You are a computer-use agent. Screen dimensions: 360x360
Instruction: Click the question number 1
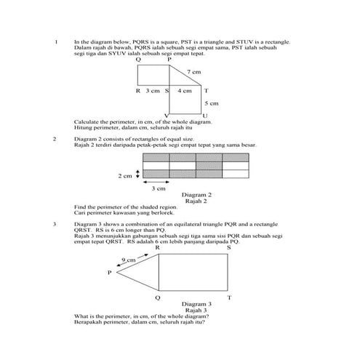click(x=56, y=42)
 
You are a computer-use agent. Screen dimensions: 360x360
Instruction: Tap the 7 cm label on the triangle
click(x=194, y=73)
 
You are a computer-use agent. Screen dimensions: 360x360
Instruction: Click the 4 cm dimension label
click(x=185, y=91)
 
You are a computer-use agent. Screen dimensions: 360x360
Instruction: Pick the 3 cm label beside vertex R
click(x=152, y=91)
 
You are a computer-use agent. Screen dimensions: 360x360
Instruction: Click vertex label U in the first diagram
click(x=205, y=116)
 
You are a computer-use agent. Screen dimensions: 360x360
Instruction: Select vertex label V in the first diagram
click(x=167, y=116)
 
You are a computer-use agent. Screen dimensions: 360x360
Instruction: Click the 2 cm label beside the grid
click(x=124, y=175)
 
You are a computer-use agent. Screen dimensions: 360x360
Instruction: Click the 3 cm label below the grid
click(x=159, y=188)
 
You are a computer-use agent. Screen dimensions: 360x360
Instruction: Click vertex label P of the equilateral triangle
click(x=110, y=273)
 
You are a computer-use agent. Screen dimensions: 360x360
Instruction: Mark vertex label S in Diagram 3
click(x=229, y=248)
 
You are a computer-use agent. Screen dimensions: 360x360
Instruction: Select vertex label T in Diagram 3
click(x=229, y=298)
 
